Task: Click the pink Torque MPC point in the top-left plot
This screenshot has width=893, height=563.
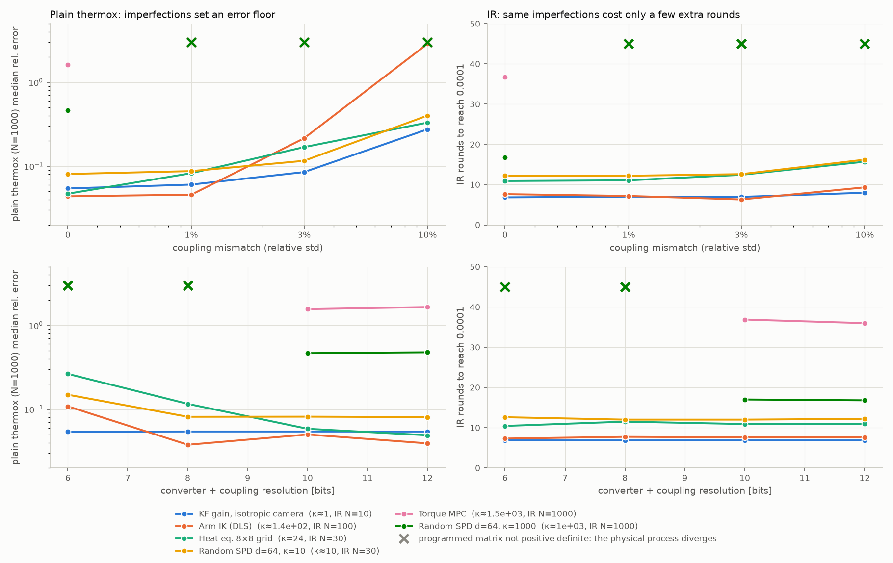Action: pyautogui.click(x=68, y=65)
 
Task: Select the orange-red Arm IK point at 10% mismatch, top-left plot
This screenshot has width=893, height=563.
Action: pyautogui.click(x=427, y=43)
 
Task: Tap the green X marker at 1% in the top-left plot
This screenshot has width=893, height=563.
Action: pyautogui.click(x=191, y=42)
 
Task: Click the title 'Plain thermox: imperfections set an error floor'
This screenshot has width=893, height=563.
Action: pyautogui.click(x=162, y=15)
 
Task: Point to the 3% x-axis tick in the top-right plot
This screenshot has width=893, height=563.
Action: pyautogui.click(x=741, y=235)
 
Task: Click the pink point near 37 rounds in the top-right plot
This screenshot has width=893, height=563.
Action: pyautogui.click(x=505, y=77)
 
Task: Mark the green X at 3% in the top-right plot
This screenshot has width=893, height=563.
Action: pyautogui.click(x=741, y=44)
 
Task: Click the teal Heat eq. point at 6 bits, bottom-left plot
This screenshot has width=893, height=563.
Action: pyautogui.click(x=68, y=374)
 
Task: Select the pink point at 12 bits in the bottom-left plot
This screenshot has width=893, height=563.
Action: pyautogui.click(x=427, y=307)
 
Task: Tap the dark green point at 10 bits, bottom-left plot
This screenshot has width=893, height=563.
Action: pyautogui.click(x=308, y=353)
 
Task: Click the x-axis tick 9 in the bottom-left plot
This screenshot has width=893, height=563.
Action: pyautogui.click(x=247, y=478)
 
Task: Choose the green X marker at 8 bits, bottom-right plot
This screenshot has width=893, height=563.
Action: pyautogui.click(x=625, y=287)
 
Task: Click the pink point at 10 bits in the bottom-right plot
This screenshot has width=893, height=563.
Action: pyautogui.click(x=745, y=320)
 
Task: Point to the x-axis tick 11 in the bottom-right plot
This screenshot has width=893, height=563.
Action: pyautogui.click(x=805, y=478)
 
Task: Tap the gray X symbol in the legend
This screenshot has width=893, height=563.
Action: pyautogui.click(x=404, y=538)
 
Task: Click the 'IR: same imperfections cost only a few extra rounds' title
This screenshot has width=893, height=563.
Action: pyautogui.click(x=613, y=15)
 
